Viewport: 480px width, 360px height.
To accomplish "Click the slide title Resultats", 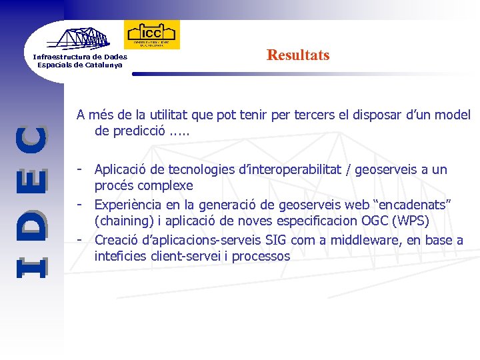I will [x=297, y=55].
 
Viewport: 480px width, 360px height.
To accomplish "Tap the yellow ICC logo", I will [x=152, y=34].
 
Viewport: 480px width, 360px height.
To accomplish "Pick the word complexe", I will [x=167, y=185].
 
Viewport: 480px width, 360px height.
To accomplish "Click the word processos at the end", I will [x=261, y=256].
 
